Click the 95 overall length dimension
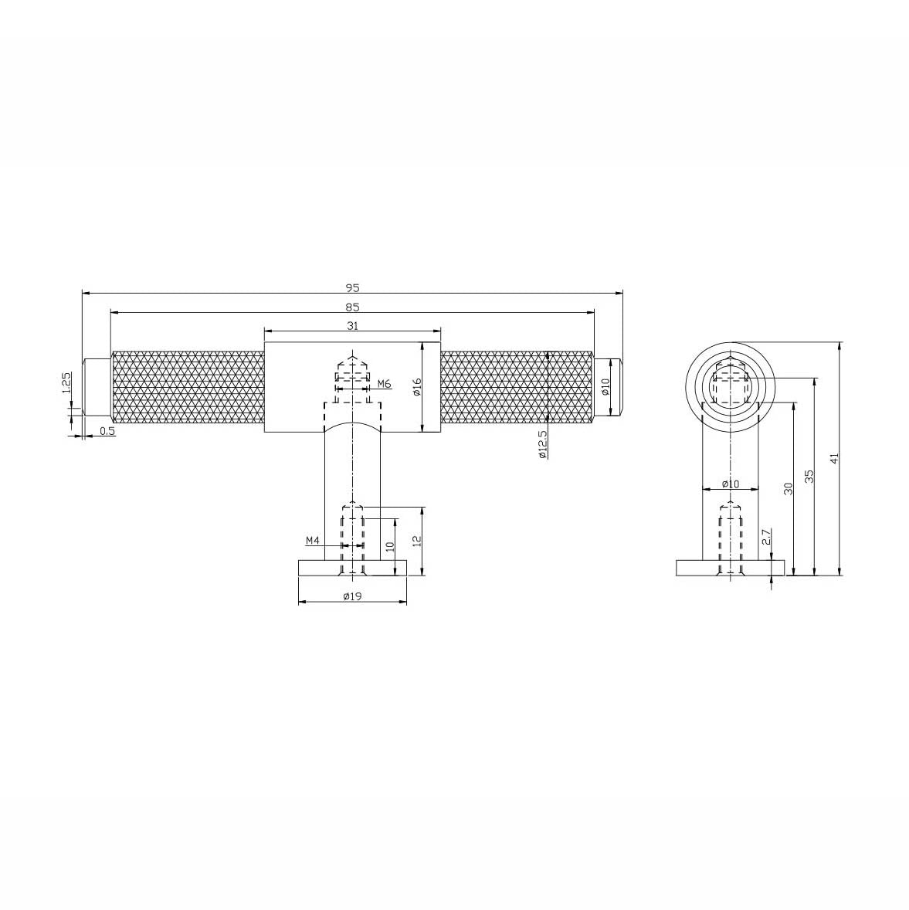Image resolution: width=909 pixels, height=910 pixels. pyautogui.click(x=353, y=287)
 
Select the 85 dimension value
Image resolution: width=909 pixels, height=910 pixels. pyautogui.click(x=353, y=307)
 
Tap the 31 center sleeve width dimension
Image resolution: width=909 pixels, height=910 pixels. pyautogui.click(x=353, y=325)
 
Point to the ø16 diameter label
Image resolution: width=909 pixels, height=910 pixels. pyautogui.click(x=417, y=387)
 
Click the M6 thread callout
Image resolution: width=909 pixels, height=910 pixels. pyautogui.click(x=385, y=384)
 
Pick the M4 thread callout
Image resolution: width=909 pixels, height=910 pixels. pyautogui.click(x=313, y=541)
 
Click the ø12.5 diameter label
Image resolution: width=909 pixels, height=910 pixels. pyautogui.click(x=543, y=444)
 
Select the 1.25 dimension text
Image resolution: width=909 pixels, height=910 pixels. pyautogui.click(x=66, y=382)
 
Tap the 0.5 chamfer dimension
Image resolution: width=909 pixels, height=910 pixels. pyautogui.click(x=107, y=430)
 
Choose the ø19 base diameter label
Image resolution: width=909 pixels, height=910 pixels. pyautogui.click(x=352, y=596)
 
